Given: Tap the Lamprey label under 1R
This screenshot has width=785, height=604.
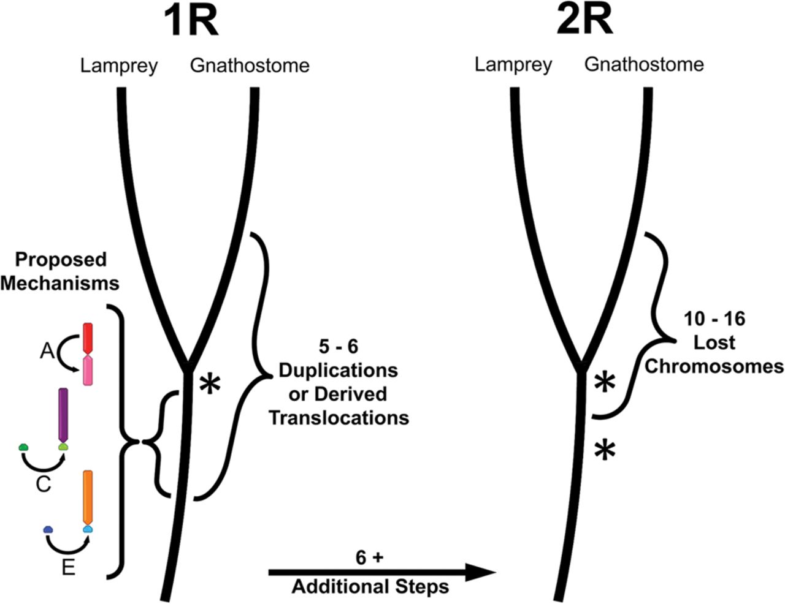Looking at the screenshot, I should point(119,66).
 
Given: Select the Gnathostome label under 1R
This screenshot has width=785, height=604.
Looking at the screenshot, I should point(250,66).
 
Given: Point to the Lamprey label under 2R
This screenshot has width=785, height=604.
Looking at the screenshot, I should point(513,64).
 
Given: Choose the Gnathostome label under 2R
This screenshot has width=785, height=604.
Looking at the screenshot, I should point(644,64).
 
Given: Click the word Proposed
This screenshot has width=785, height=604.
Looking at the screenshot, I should point(61,260).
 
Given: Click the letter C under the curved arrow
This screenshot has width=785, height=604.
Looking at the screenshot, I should point(43,485).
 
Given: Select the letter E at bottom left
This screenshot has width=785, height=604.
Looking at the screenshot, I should point(68,568).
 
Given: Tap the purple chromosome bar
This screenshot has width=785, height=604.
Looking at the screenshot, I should point(63,414).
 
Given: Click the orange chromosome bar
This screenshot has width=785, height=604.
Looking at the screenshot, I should point(88,495).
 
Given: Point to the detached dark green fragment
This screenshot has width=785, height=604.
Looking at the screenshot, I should point(24,447).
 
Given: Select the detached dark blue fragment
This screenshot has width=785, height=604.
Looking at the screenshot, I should point(48,529).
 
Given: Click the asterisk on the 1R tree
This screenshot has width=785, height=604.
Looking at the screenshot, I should point(210,385).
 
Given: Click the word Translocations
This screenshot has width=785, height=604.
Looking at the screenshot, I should point(339,418).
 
